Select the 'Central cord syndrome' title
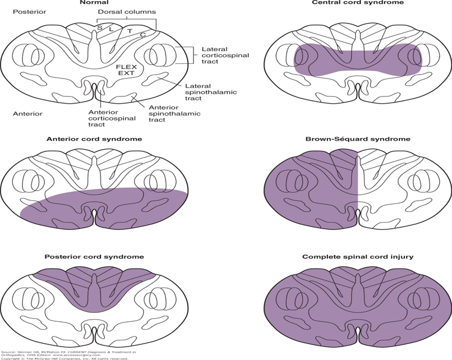coord(358,3)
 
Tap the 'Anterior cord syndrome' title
coord(94,139)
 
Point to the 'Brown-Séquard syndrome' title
coord(358,139)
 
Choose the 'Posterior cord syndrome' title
coord(94,256)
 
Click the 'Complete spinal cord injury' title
coord(358,256)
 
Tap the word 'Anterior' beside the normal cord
coord(27,113)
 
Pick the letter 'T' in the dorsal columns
coord(130,31)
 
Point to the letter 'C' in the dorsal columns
coord(144,35)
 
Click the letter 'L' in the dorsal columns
coord(111,28)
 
